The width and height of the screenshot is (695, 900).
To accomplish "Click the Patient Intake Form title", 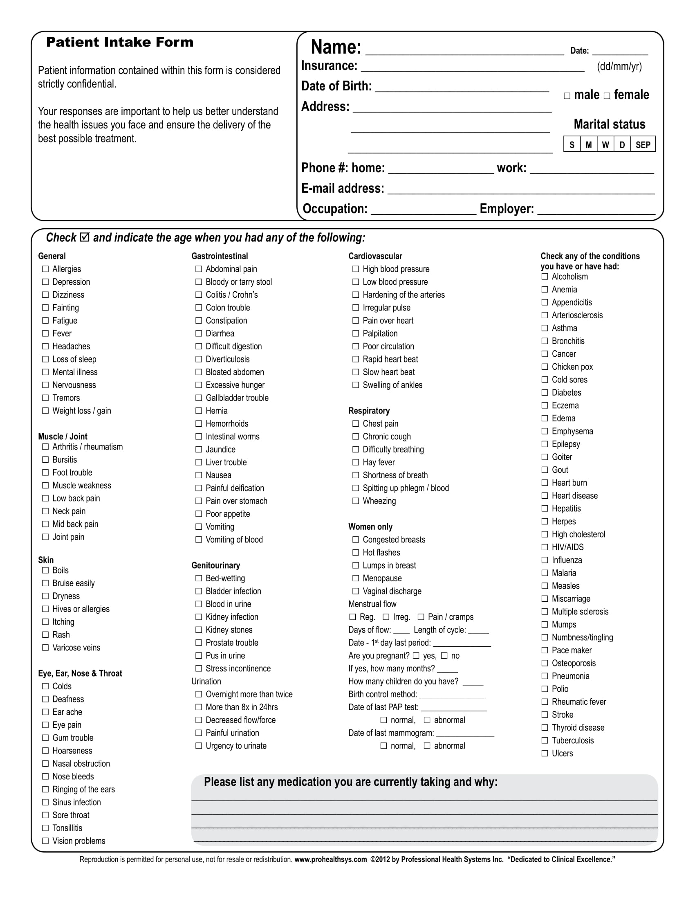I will (119, 42).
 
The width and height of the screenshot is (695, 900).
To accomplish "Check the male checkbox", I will (567, 96).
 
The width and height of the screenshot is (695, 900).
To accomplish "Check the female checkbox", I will (607, 96).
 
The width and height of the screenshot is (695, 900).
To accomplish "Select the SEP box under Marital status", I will (643, 145).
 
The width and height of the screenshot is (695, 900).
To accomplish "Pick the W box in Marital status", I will (605, 145).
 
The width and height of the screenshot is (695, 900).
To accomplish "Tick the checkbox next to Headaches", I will (45, 346).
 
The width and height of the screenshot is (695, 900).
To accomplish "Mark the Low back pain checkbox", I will (45, 498).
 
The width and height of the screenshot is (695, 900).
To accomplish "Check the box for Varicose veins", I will (45, 648).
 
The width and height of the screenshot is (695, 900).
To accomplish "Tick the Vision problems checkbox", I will (45, 841).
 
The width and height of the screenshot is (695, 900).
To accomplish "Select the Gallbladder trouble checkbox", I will (198, 398).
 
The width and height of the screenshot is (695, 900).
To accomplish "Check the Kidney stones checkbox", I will (198, 630).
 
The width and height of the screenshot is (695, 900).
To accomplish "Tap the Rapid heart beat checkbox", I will (356, 359).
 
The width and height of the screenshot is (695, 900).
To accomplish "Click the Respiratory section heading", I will (369, 410).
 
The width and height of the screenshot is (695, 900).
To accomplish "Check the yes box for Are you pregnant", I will (416, 655).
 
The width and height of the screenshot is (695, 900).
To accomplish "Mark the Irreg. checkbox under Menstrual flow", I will (386, 617).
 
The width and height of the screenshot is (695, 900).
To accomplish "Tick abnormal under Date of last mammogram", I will (427, 745).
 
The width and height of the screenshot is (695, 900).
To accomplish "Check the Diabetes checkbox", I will (545, 392).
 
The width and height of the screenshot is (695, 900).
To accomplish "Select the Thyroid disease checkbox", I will (545, 727).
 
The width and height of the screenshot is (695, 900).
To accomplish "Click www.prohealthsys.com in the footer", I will (330, 859).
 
